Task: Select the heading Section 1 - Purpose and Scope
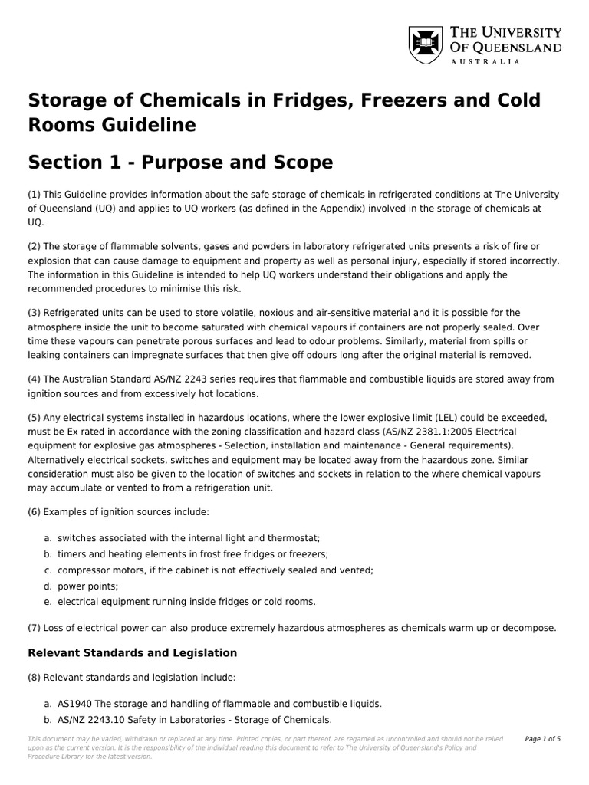click(x=180, y=163)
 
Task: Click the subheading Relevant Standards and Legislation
click(x=133, y=653)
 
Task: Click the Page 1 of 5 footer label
click(x=542, y=739)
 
